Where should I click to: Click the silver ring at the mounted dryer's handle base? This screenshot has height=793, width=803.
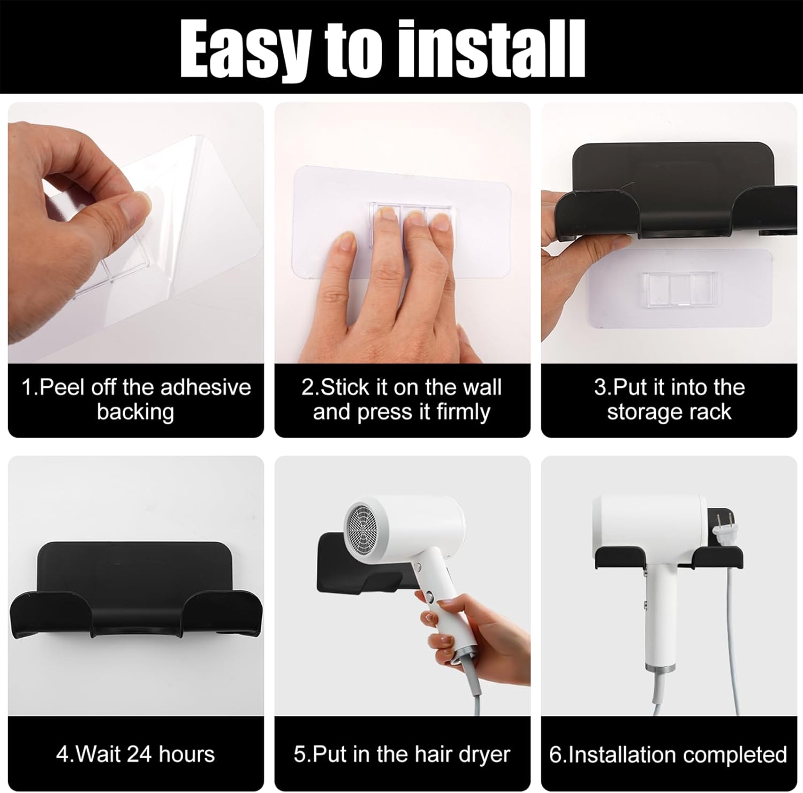pos(658,670)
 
